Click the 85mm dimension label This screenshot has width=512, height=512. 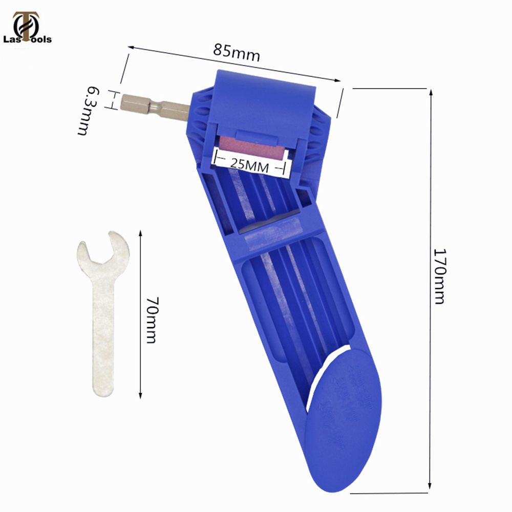pos(237,52)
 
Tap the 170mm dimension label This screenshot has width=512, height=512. pos(439,276)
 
